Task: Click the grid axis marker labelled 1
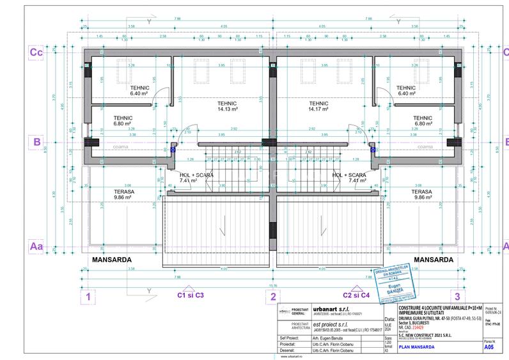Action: pos(89,296)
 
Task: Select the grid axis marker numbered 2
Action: pos(273,296)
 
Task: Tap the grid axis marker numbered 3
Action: pos(457,296)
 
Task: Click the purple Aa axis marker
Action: pos(36,245)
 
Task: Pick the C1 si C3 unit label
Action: pos(190,295)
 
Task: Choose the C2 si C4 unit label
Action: pos(356,295)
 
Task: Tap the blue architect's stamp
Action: pos(391,283)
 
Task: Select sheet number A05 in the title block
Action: pos(489,348)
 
